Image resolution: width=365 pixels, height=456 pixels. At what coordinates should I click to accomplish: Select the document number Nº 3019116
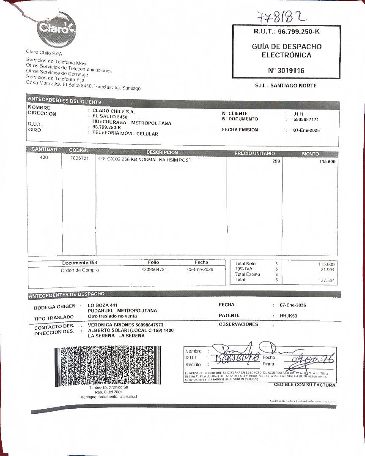point(286,71)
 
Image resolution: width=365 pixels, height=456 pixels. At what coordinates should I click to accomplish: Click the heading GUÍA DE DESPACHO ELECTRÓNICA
point(286,51)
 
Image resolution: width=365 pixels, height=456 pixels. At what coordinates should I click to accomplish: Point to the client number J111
point(298,114)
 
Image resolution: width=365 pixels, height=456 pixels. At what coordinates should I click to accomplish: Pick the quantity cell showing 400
point(44,157)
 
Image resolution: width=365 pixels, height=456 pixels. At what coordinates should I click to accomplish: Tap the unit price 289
point(276,161)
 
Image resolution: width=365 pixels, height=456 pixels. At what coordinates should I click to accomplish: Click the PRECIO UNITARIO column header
point(255,153)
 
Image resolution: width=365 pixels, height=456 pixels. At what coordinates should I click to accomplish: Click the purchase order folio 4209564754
point(154,269)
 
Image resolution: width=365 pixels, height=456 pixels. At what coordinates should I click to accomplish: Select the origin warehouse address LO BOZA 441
point(103,305)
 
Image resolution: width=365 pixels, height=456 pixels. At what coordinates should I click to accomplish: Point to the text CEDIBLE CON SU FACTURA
point(305,385)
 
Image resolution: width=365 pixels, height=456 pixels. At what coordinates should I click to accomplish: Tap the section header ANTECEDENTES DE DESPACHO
point(66,294)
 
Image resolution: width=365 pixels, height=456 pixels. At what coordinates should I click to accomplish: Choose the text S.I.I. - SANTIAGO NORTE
point(285,86)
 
